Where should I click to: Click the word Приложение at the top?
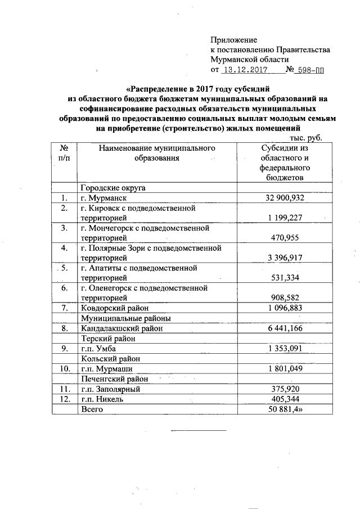tap(233, 40)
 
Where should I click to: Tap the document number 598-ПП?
tap(311, 70)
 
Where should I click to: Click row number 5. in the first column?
tap(64, 268)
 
